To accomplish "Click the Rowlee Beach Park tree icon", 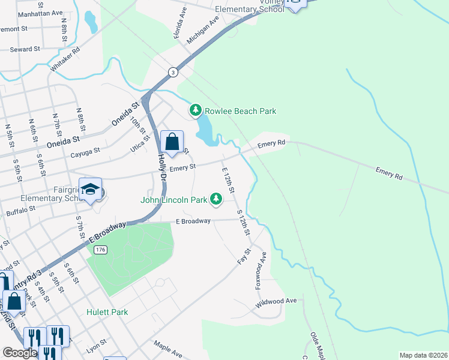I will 195,110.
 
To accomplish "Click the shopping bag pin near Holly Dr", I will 172,142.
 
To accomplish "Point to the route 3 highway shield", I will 173,72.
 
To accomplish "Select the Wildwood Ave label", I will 276,301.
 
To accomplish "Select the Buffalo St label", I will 21,212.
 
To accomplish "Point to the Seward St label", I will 25,49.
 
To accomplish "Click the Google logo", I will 19,353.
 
